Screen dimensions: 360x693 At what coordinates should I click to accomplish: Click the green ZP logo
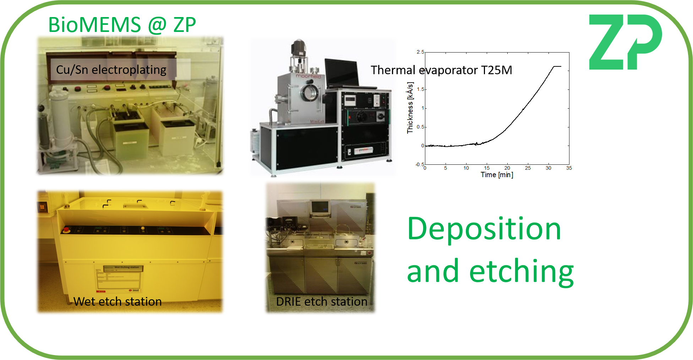(625, 42)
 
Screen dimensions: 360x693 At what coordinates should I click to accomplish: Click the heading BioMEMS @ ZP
(122, 25)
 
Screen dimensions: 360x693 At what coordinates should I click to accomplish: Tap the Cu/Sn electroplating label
(111, 70)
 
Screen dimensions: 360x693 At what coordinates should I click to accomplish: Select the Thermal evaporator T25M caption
(441, 70)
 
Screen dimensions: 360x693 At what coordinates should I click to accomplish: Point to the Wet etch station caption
(118, 301)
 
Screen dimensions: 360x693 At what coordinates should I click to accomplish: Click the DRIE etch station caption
(322, 301)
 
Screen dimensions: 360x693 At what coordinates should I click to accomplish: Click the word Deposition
(484, 229)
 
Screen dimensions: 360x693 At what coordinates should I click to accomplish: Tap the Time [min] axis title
(497, 175)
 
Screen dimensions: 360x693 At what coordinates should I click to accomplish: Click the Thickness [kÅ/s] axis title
(410, 108)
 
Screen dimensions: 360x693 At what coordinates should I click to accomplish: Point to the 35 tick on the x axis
(569, 168)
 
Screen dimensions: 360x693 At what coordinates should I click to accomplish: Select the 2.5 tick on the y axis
(420, 52)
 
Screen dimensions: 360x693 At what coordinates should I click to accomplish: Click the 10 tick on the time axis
(466, 168)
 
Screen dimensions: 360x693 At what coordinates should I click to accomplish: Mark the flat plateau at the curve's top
(557, 66)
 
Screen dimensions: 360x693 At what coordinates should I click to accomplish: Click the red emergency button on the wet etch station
(65, 230)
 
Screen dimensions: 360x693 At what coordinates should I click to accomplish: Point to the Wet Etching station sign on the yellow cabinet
(123, 268)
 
